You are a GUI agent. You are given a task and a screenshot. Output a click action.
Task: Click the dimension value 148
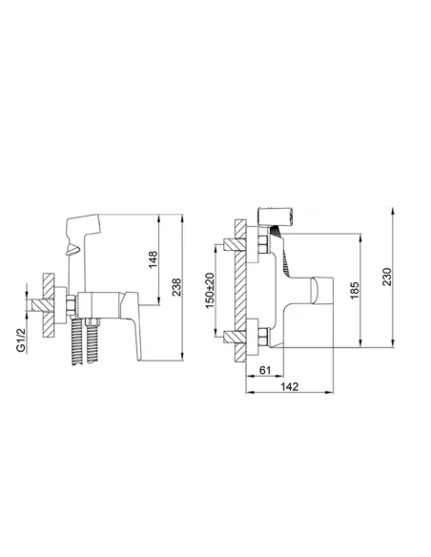152,258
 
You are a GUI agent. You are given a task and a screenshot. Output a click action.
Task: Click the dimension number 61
266,370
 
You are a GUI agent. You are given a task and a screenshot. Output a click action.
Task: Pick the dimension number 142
291,386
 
